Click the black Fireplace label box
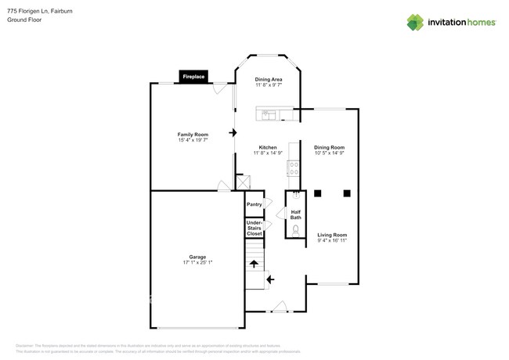pyautogui.click(x=193, y=77)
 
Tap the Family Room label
pyautogui.click(x=193, y=137)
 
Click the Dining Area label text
pyautogui.click(x=269, y=82)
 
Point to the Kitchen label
pyautogui.click(x=268, y=149)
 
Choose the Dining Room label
pyautogui.click(x=329, y=149)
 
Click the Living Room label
pyautogui.click(x=332, y=237)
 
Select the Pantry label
pyautogui.click(x=254, y=204)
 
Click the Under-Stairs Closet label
pyautogui.click(x=254, y=229)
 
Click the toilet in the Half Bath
pyautogui.click(x=296, y=230)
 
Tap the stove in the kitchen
pyautogui.click(x=294, y=169)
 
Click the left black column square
pyautogui.click(x=318, y=193)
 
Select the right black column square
pyautogui.click(x=346, y=193)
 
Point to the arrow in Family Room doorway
pyautogui.click(x=233, y=133)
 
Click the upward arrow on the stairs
pyautogui.click(x=254, y=264)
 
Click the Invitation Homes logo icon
pyautogui.click(x=415, y=22)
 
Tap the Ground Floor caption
pyautogui.click(x=25, y=20)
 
